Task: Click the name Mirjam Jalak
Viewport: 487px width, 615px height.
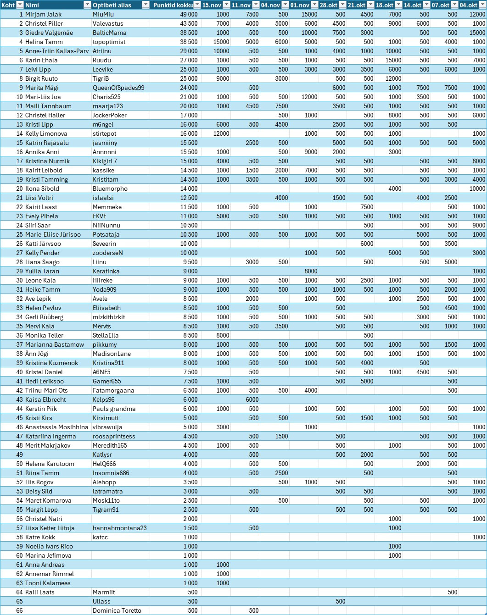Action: coord(44,14)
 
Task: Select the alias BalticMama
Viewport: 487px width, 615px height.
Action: coord(109,33)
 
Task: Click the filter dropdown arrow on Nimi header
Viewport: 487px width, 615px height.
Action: coord(87,5)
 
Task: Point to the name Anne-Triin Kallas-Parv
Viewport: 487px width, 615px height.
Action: coord(57,51)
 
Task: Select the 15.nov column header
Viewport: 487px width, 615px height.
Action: coord(212,5)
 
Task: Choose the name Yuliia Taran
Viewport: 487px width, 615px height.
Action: coord(42,271)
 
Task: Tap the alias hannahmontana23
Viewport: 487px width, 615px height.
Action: coord(120,528)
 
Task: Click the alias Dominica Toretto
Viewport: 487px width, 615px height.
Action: coord(117,610)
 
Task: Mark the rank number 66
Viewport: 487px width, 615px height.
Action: coord(19,610)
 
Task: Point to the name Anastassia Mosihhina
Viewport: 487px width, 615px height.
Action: coord(56,427)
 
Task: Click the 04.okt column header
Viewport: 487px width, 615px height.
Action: coord(469,5)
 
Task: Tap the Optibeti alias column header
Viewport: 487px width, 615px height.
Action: coord(112,5)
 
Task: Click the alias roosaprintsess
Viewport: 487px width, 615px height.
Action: coord(114,436)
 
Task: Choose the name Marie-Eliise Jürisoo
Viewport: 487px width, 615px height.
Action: coord(53,234)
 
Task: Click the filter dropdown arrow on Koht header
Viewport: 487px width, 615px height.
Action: coord(20,5)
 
